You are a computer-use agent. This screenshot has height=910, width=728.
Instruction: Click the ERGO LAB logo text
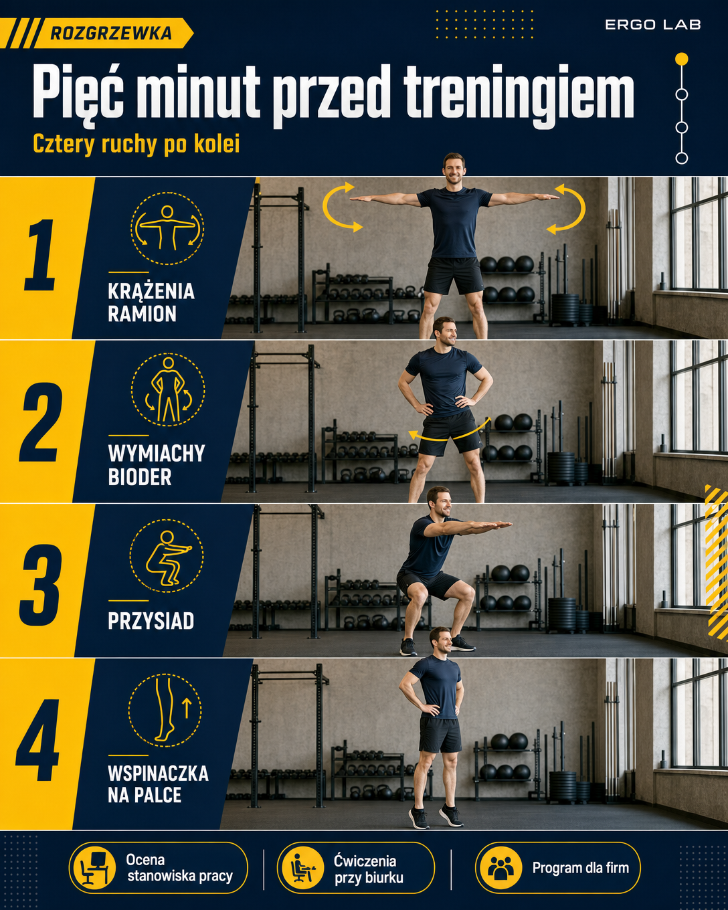[x=652, y=25]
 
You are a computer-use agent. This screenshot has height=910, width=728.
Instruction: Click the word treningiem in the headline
[x=519, y=93]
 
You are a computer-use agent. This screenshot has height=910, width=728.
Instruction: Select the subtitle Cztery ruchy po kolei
[x=136, y=145]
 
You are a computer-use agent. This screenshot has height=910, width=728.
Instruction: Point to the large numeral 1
[x=39, y=255]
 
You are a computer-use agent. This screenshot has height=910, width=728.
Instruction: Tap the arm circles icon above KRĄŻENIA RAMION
[x=167, y=228]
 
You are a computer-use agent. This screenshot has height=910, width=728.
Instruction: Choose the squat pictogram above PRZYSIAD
[x=167, y=555]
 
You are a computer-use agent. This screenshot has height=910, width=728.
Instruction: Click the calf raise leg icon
[x=165, y=711]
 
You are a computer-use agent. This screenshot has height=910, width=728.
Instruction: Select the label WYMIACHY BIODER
[x=156, y=465]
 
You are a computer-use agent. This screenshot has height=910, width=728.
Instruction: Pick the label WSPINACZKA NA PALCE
[x=158, y=784]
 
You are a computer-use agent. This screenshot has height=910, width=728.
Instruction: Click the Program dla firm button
[x=557, y=868]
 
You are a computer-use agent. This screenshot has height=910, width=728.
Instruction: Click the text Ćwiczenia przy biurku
[x=369, y=869]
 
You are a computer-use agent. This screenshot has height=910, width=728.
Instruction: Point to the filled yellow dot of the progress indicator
[x=681, y=59]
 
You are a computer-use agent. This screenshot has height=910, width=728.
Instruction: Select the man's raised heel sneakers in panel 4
[x=436, y=816]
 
